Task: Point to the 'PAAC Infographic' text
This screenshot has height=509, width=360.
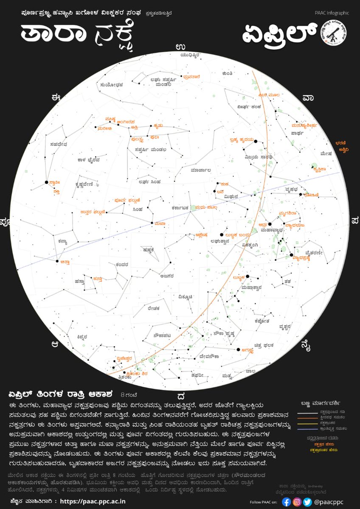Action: click(332, 13)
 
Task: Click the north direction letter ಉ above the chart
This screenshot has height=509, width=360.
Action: click(180, 47)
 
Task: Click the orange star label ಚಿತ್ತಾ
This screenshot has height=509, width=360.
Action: click(65, 262)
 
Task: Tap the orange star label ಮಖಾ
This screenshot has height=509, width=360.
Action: click(160, 224)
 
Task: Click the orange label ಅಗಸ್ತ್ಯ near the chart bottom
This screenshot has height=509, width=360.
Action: click(247, 350)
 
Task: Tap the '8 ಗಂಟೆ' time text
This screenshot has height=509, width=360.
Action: click(129, 392)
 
